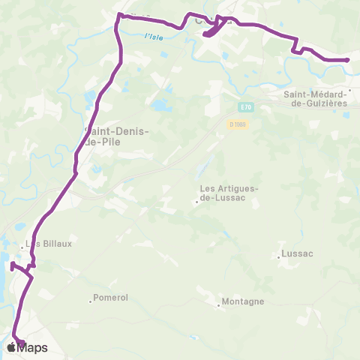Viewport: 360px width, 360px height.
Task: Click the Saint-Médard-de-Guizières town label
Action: (x=318, y=98)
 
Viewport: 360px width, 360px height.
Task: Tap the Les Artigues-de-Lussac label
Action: (x=229, y=194)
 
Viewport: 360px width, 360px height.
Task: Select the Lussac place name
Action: (x=298, y=254)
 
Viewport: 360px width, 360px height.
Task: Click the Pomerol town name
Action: (x=112, y=298)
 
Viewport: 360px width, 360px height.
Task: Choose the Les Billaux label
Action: (x=49, y=243)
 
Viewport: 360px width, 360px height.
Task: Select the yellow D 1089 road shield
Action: (x=237, y=124)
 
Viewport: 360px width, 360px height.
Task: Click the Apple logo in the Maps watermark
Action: (x=11, y=347)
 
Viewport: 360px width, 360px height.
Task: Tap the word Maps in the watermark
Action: (x=33, y=347)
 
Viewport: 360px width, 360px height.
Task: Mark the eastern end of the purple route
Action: (x=348, y=59)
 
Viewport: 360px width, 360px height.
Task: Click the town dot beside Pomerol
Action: (x=91, y=301)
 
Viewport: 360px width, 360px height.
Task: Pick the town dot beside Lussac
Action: (x=279, y=257)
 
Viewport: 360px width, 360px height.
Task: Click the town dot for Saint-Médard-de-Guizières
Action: (x=349, y=93)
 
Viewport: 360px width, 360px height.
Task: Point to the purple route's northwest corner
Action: (x=118, y=15)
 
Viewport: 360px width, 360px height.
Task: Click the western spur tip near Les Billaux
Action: (x=11, y=265)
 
